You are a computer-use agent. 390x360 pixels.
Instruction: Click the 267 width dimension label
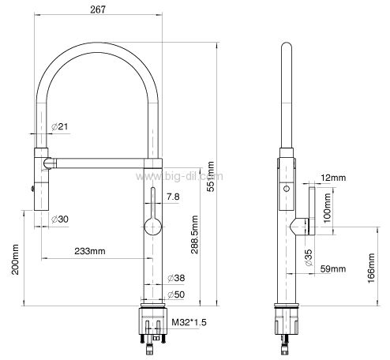[98, 9]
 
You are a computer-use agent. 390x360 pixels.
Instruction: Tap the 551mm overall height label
[211, 177]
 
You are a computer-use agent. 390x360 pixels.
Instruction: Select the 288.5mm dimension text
[194, 234]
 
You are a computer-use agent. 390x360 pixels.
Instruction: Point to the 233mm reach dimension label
[90, 251]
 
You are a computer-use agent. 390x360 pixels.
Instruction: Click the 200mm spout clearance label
[15, 260]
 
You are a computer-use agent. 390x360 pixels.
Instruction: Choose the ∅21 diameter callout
[59, 126]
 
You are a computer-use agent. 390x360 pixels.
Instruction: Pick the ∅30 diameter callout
[60, 219]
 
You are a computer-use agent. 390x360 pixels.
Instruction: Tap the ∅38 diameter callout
[176, 278]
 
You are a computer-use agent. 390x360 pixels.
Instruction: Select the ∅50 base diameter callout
[176, 294]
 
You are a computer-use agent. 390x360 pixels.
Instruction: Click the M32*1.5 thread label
[189, 322]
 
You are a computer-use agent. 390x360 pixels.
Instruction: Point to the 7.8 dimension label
[173, 197]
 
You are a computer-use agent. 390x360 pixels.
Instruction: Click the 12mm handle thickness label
[333, 178]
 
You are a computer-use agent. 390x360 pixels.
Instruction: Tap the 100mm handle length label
[327, 208]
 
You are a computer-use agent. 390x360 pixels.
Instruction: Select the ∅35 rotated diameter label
[309, 257]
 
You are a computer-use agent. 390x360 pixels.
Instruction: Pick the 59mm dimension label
[333, 269]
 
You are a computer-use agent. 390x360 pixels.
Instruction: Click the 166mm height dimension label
[371, 268]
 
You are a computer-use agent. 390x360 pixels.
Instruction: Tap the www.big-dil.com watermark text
[179, 176]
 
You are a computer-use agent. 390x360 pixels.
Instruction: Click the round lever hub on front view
[153, 227]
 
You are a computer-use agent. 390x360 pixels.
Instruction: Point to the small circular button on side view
[287, 189]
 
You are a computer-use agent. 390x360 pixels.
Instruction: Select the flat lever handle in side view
[312, 211]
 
